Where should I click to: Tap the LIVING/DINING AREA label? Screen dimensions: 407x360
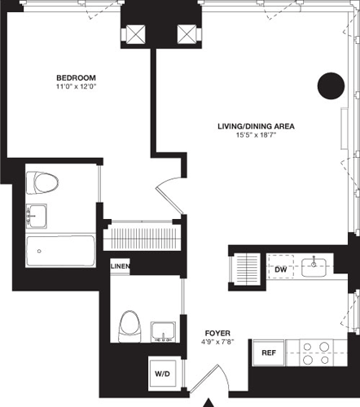[255, 126]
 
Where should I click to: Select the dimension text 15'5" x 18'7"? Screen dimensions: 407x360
[255, 136]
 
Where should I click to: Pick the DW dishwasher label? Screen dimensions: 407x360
[280, 269]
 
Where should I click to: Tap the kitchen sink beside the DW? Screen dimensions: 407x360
[314, 267]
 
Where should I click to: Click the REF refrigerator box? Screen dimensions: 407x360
[266, 353]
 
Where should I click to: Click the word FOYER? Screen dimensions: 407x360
[217, 333]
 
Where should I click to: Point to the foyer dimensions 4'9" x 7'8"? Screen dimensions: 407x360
[217, 342]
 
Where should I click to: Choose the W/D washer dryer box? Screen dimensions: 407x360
[162, 374]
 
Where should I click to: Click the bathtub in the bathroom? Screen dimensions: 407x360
[59, 252]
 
